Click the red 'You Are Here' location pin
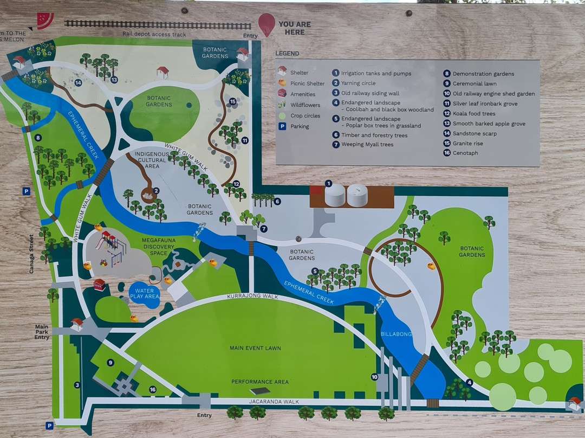click(266, 24)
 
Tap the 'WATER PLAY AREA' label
click(145, 293)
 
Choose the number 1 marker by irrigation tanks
click(328, 183)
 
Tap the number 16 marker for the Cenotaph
click(152, 389)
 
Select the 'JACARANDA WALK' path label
click(274, 402)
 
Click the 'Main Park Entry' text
click(42, 332)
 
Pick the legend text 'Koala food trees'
click(474, 114)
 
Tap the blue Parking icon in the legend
click(282, 126)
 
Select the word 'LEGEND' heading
click(287, 54)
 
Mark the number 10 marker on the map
click(374, 377)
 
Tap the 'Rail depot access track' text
click(154, 35)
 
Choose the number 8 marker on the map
click(38, 138)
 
